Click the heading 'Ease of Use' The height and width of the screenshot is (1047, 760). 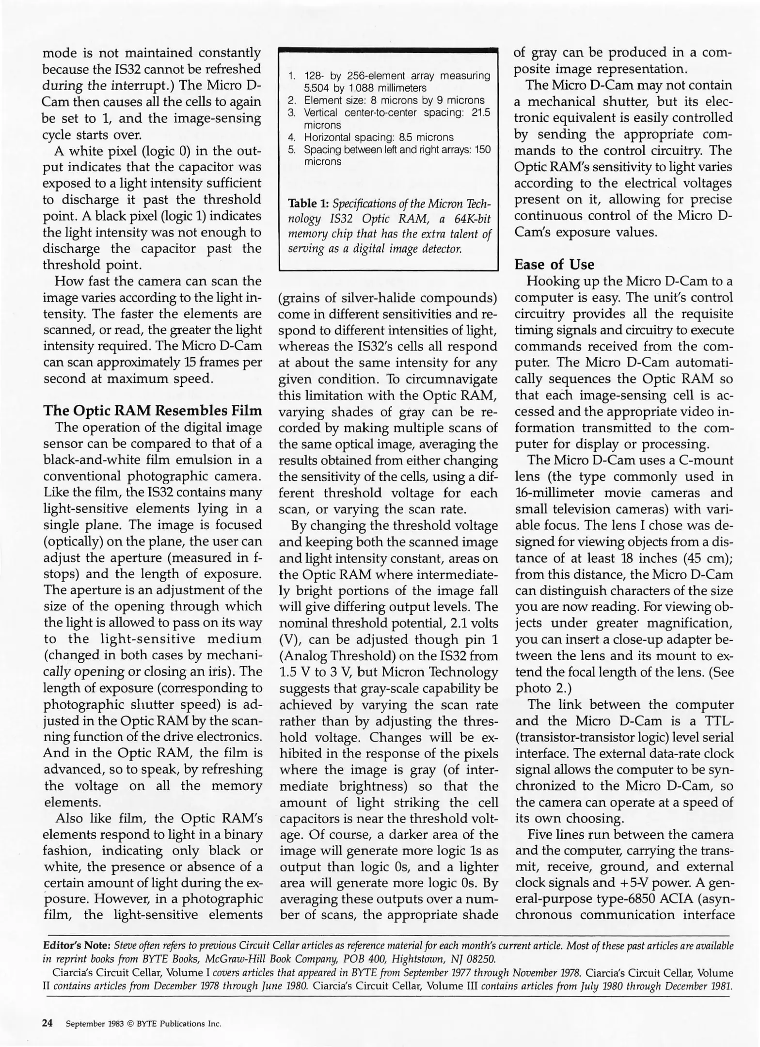tap(554, 265)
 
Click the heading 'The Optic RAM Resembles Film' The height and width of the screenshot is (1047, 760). tap(153, 411)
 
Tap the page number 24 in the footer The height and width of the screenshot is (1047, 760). tap(47, 1023)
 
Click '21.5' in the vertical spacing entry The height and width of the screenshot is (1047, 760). tap(480, 112)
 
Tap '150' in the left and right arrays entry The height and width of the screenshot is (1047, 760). tap(482, 149)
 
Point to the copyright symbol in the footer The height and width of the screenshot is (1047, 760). tap(130, 1024)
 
